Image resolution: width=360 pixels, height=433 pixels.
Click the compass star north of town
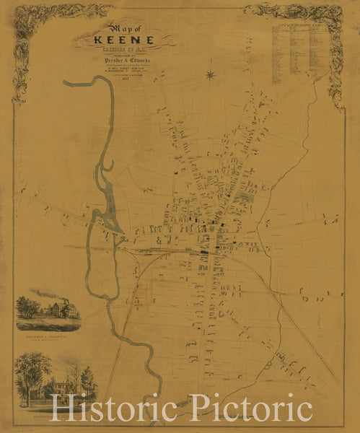tap(211, 74)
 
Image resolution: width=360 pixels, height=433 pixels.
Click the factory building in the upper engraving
tap(61, 310)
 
